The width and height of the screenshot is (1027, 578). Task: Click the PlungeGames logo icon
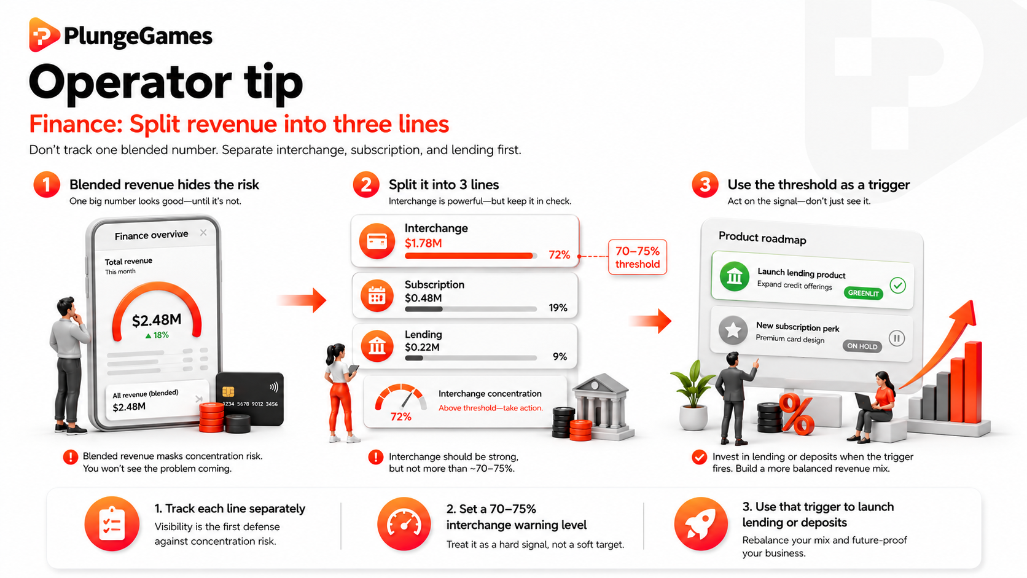click(44, 35)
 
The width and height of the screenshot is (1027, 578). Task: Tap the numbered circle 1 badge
click(47, 185)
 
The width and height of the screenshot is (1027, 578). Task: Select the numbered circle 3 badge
click(705, 185)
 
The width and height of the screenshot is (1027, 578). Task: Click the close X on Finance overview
click(203, 233)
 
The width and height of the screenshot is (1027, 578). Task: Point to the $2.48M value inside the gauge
click(157, 320)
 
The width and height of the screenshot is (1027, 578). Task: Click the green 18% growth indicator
click(157, 335)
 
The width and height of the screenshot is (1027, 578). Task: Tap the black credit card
click(250, 398)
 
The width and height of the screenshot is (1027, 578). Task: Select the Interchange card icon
click(377, 241)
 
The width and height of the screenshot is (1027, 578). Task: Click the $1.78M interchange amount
click(423, 243)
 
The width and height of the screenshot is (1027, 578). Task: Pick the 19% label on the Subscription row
click(558, 308)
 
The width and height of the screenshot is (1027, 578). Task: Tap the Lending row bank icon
click(377, 346)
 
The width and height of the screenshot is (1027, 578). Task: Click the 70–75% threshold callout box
click(638, 257)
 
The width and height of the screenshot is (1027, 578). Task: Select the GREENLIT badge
click(864, 293)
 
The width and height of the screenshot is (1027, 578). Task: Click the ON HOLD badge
click(862, 346)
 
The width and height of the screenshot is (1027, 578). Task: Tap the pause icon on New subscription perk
click(897, 338)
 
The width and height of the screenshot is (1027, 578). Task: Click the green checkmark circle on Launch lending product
click(898, 286)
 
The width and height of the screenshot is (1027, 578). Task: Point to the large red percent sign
click(797, 414)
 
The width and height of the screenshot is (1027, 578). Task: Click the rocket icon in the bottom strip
click(701, 524)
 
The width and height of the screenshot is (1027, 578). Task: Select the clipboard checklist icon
click(112, 524)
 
